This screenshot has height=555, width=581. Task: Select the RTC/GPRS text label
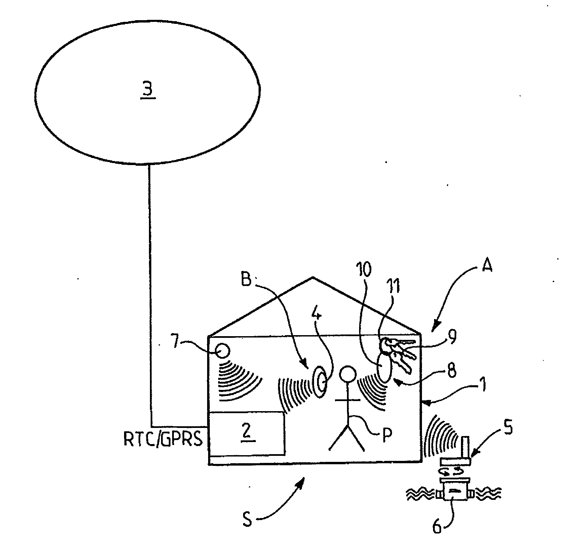[163, 439]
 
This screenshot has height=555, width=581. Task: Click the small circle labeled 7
[222, 351]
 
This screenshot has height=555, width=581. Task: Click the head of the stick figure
[347, 374]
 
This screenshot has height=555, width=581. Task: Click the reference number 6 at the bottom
[436, 526]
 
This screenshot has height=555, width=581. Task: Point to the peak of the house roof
[313, 277]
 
